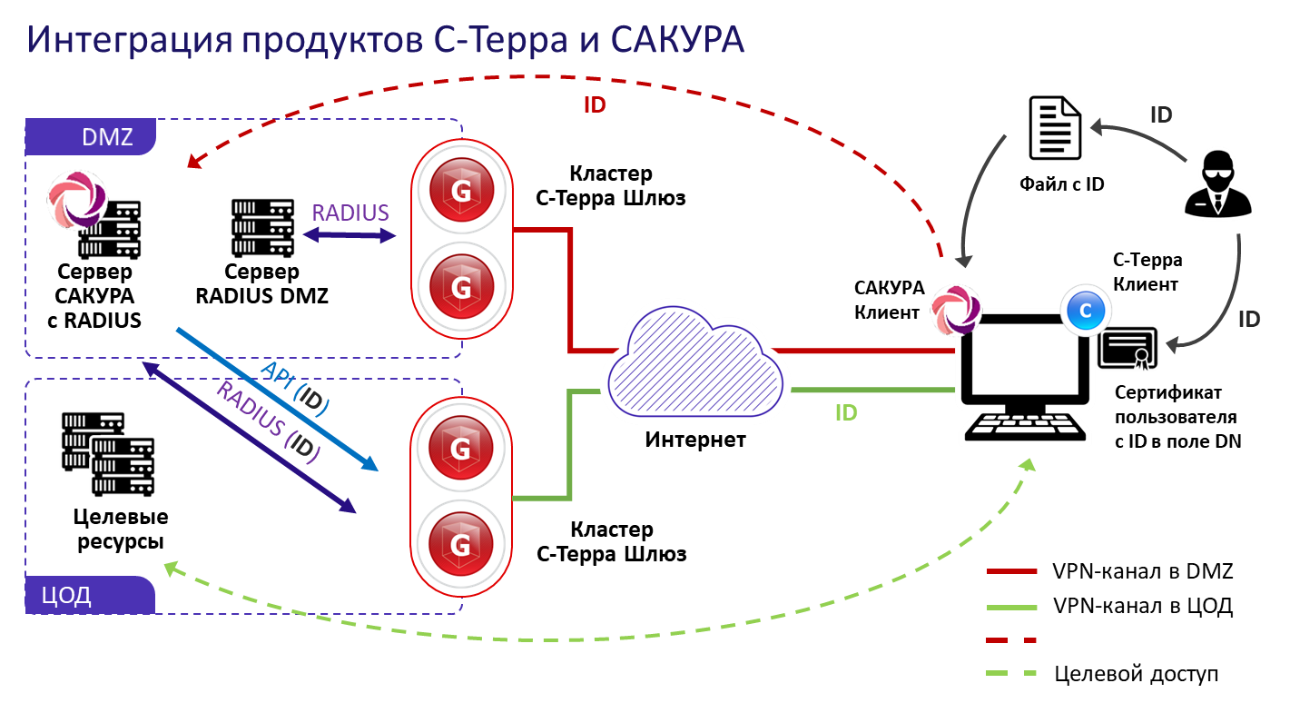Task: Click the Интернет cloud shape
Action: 694,368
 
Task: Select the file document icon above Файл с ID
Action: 1053,130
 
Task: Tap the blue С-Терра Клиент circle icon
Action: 1084,310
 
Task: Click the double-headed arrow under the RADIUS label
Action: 350,236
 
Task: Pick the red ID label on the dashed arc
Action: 595,104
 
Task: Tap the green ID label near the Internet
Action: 846,413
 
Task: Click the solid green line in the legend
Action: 1010,607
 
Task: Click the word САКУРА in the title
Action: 675,41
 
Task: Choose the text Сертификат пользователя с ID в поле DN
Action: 1177,417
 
